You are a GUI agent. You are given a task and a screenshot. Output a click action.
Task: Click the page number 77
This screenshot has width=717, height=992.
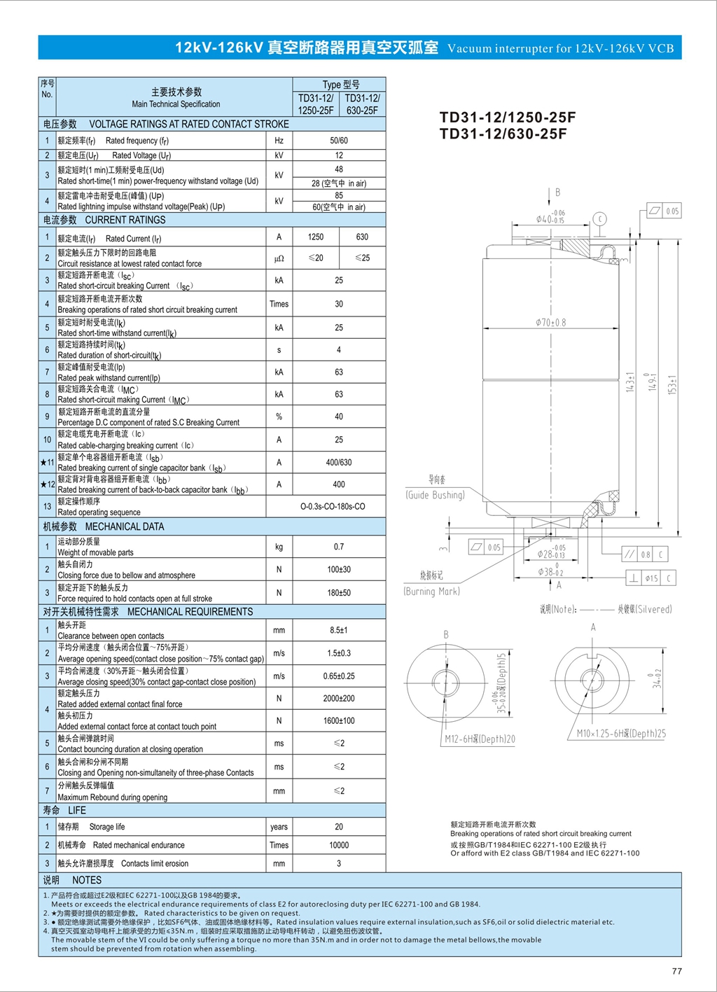676,971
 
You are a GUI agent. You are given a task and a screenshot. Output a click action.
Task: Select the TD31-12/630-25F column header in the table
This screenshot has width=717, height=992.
362,104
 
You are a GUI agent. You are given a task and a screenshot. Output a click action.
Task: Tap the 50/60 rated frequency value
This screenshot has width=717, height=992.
339,141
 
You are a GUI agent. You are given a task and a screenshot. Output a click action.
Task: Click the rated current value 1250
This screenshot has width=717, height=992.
316,237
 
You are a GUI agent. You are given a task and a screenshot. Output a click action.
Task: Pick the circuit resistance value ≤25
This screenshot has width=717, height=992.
362,258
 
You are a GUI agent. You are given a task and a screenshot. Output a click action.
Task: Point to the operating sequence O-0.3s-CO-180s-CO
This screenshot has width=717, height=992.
333,506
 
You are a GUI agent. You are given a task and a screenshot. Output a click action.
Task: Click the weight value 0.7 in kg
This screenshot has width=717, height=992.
339,547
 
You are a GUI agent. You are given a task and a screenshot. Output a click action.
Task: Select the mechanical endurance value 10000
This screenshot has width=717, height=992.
339,845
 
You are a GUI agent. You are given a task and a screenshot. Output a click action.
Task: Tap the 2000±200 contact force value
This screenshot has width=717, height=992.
339,699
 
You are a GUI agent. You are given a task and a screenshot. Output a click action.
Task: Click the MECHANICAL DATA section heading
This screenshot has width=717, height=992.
104,526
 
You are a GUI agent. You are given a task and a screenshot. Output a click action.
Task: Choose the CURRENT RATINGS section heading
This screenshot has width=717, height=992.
104,220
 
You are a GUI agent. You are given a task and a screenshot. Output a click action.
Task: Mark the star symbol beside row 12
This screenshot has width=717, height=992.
43,484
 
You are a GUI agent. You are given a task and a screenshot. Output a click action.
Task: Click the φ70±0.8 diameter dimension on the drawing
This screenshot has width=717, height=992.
550,323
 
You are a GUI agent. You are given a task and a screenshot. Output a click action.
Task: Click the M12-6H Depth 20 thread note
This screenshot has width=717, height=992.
480,739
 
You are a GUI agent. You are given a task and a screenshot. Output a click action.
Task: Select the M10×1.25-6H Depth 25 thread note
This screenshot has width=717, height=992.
621,734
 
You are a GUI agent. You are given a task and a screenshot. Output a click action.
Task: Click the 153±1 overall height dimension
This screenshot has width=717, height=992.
672,384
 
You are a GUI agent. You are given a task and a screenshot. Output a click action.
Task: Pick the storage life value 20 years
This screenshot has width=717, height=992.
339,827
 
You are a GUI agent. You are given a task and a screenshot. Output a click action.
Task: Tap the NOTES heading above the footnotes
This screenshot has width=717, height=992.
72,880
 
